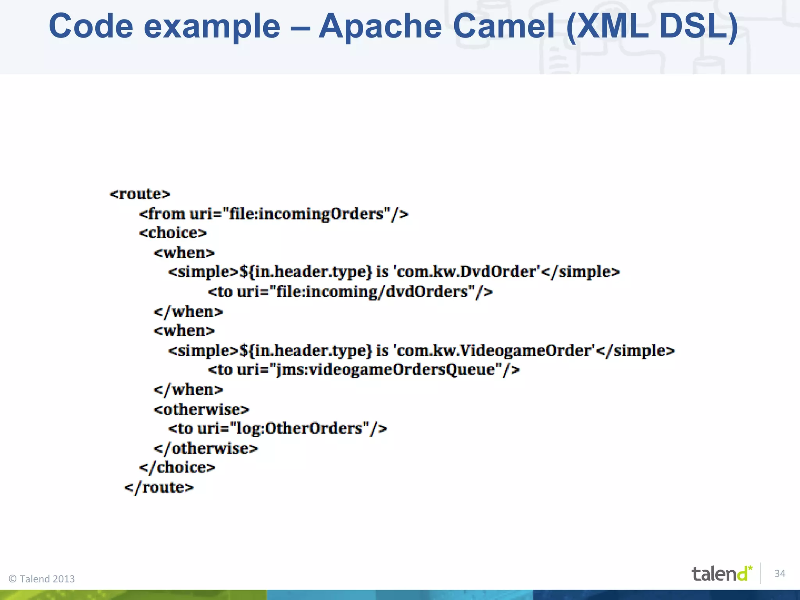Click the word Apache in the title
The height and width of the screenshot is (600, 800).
tap(380, 27)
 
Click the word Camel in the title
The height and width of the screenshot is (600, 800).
tap(504, 27)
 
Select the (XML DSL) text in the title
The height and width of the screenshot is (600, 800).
tap(652, 27)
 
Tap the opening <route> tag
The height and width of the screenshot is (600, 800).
tap(140, 194)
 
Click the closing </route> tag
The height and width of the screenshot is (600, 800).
tap(159, 487)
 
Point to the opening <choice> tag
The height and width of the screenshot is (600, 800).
tap(173, 233)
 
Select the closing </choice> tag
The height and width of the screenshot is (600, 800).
tap(177, 468)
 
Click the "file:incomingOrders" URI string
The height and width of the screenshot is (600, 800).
tap(306, 214)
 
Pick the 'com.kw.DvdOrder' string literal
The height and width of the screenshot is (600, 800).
tap(467, 272)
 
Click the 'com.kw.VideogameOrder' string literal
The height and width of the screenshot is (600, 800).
tap(495, 350)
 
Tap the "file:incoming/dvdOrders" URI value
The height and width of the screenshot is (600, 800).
tap(372, 292)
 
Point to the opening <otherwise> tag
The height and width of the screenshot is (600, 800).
tap(201, 409)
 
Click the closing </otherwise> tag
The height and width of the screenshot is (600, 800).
tap(206, 448)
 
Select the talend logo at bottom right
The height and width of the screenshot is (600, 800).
tap(721, 573)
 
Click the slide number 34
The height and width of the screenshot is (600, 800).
tap(780, 573)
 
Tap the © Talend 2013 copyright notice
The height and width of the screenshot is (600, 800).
tap(42, 579)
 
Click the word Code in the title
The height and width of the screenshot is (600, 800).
tap(91, 27)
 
